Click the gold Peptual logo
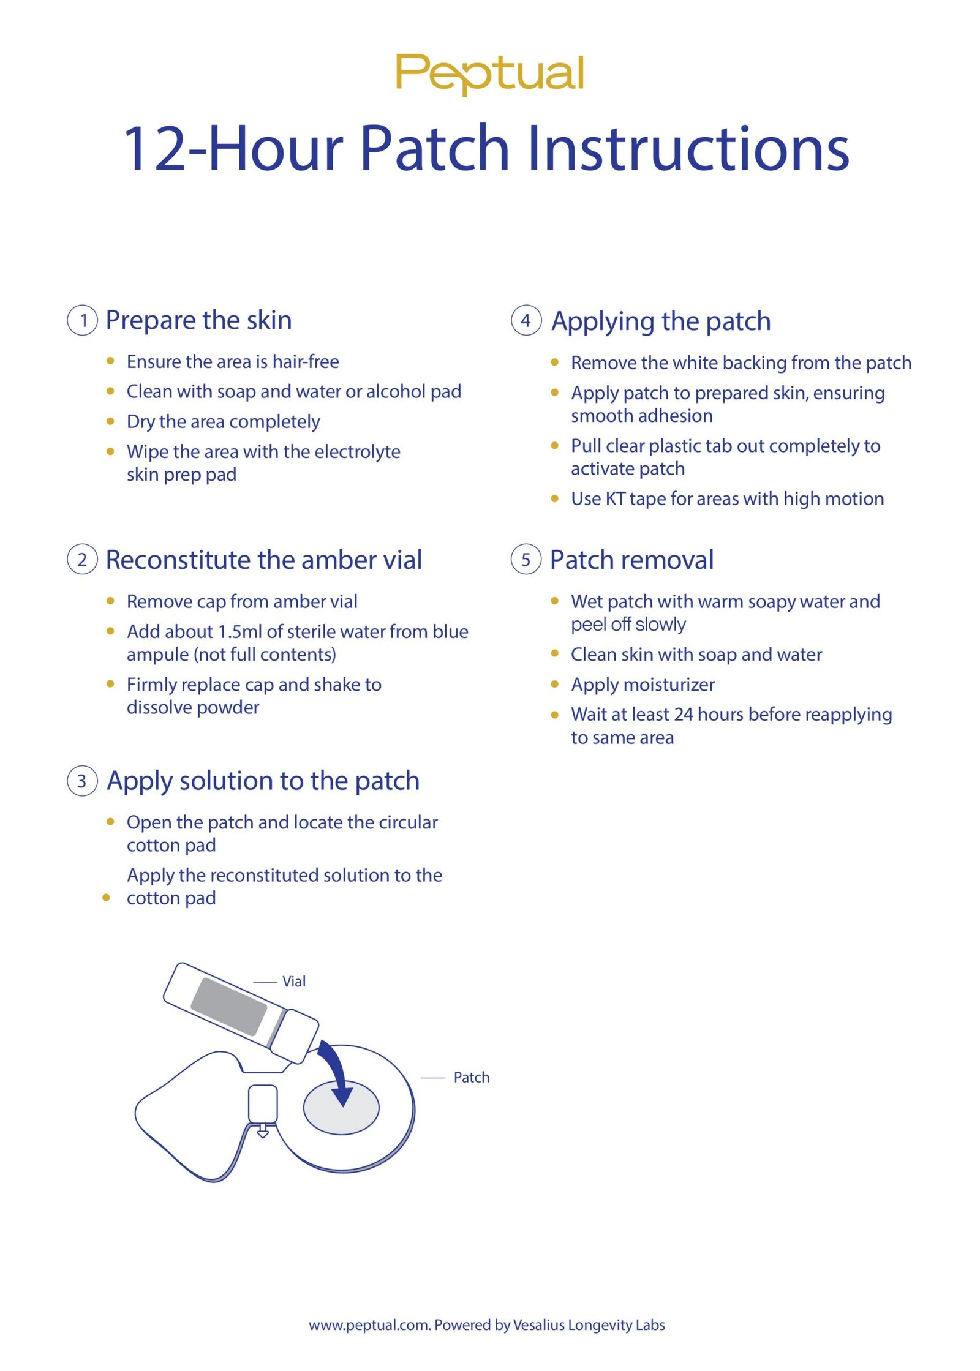pos(489,74)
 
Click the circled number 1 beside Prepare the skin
pos(82,320)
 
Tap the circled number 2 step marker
pos(82,560)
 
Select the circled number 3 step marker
pos(82,781)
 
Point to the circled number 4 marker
pos(526,320)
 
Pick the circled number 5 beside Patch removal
pos(526,560)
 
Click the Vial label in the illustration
pos(294,982)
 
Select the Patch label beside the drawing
pos(472,1078)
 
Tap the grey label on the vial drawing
pos(229,1007)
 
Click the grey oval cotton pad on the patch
pos(342,1107)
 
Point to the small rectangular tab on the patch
pos(263,1104)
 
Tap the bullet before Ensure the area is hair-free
pos(110,361)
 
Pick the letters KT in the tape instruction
pos(616,499)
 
